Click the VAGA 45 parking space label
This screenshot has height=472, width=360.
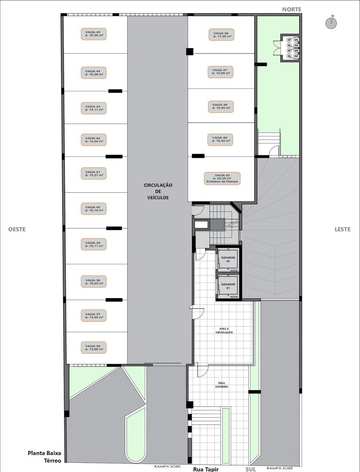94,34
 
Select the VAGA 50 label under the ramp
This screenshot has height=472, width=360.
222,178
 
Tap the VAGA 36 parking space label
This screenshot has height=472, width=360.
94,348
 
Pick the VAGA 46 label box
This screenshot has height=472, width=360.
221,35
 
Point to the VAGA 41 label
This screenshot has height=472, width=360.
94,174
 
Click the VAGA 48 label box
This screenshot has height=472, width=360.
221,107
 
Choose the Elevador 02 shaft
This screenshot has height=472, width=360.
228,259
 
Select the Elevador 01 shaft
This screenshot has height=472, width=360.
228,286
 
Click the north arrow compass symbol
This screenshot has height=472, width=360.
331,22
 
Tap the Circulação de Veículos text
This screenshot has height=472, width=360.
158,191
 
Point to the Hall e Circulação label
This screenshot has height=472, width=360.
224,330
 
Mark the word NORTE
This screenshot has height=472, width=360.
292,10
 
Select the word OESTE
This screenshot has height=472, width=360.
17,229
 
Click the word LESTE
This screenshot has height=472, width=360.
342,229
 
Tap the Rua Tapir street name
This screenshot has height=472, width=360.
206,469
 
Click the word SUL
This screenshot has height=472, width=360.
251,469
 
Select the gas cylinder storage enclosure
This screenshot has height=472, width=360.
290,48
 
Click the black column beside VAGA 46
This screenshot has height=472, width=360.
190,52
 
